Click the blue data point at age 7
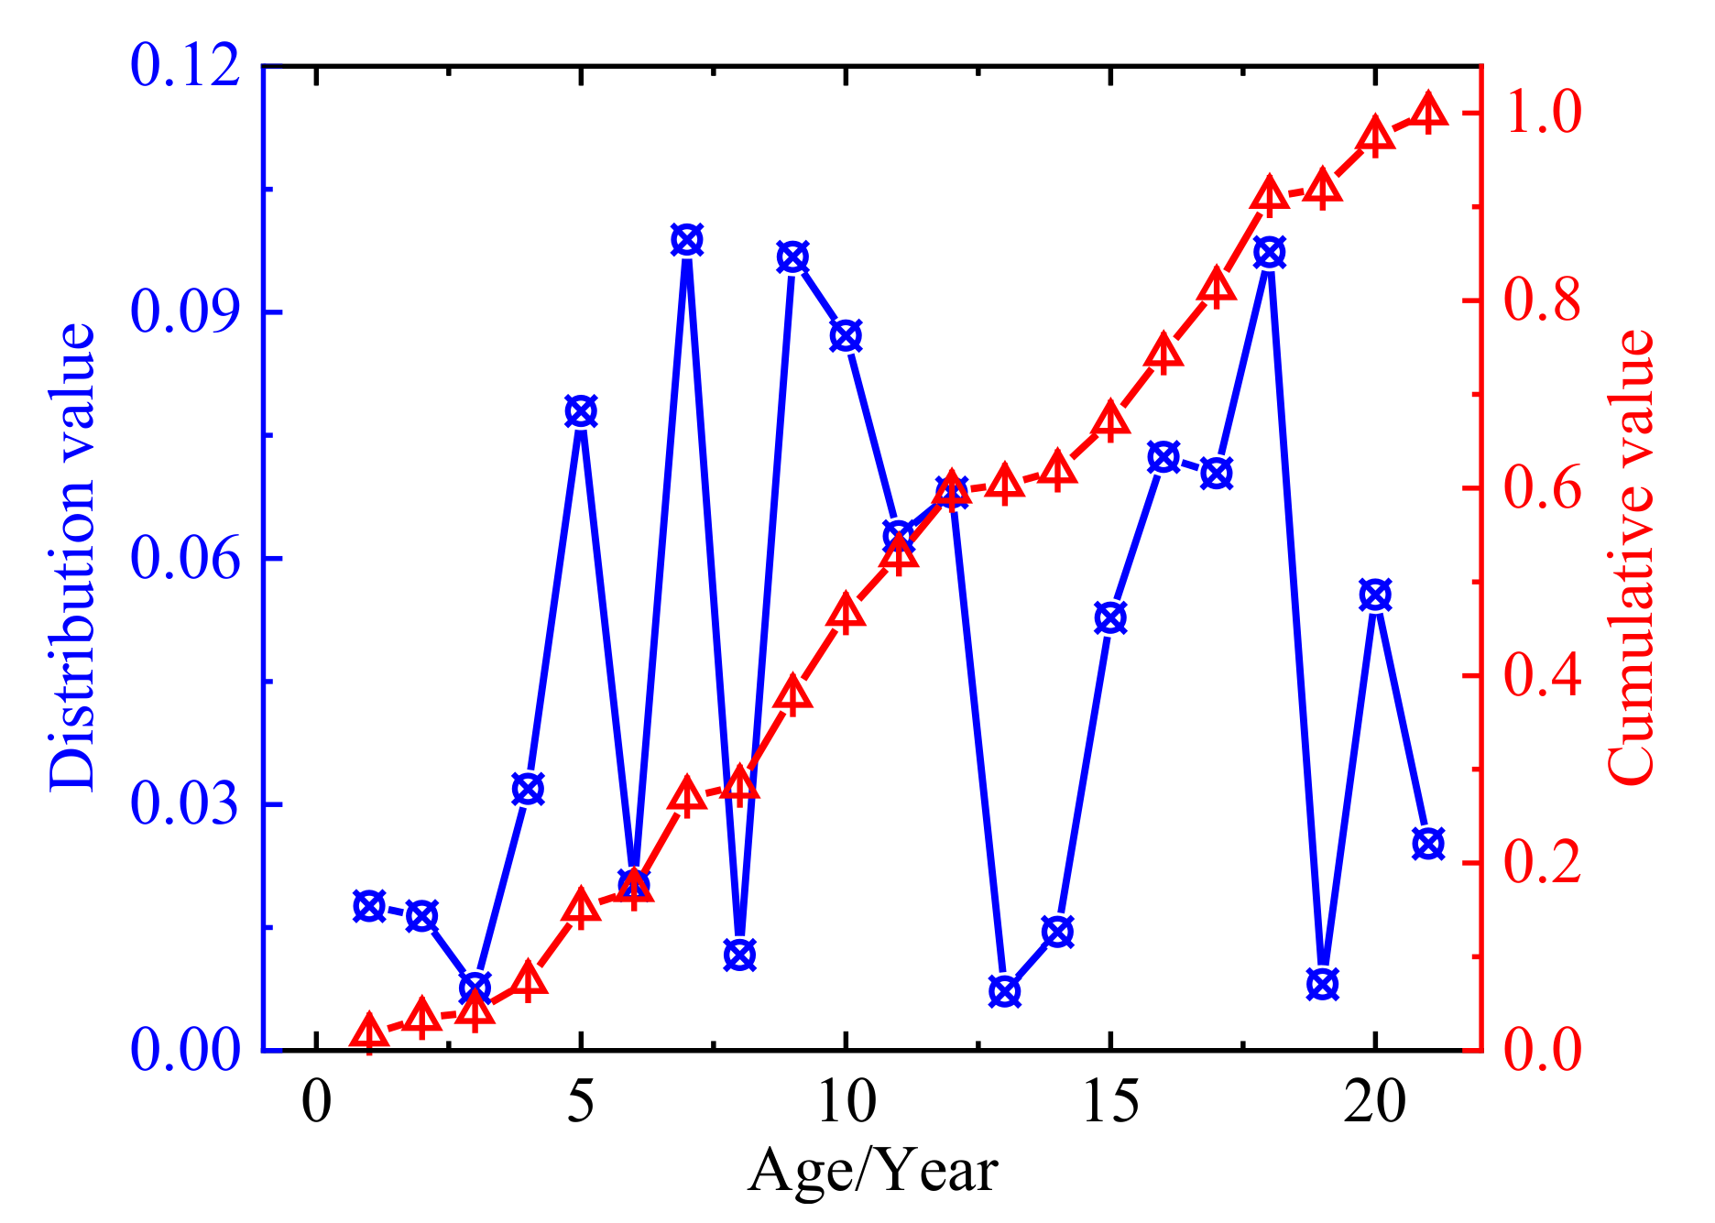point(686,241)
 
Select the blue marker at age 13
point(1004,991)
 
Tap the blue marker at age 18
point(1269,253)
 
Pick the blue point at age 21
point(1427,843)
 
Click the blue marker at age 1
point(369,906)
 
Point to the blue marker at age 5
point(581,411)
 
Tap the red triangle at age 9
point(792,695)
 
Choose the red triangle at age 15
point(1110,420)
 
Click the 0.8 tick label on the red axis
point(1543,300)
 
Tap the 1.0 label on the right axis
point(1543,114)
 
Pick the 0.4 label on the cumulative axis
point(1543,676)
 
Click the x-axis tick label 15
point(1110,1101)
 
